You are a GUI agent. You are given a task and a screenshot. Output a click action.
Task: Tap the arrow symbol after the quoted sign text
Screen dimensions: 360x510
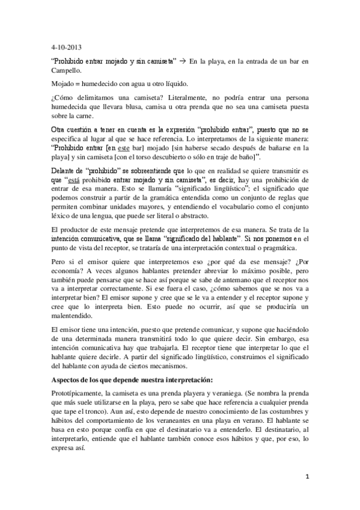(x=183, y=61)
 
